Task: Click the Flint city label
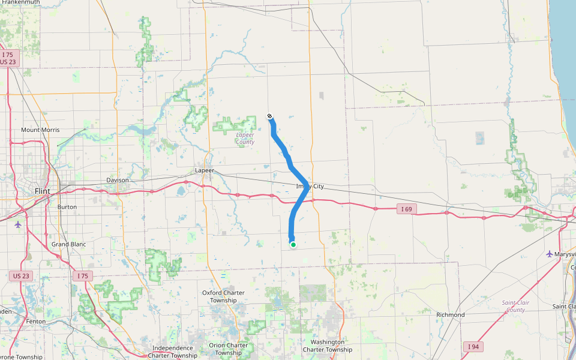click(42, 191)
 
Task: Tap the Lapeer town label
click(205, 170)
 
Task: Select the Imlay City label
click(310, 187)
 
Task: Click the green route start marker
click(293, 244)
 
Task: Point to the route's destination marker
click(270, 116)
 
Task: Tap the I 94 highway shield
click(473, 346)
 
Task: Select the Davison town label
click(118, 180)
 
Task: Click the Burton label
click(67, 206)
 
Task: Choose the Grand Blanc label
click(68, 244)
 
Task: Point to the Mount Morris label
click(40, 130)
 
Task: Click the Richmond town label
click(450, 314)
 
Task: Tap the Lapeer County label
click(245, 139)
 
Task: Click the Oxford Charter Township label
click(223, 296)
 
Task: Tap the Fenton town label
click(35, 322)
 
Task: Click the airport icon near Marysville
click(550, 254)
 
